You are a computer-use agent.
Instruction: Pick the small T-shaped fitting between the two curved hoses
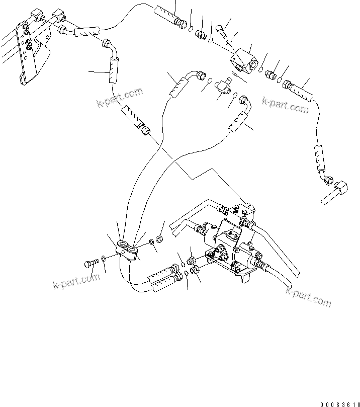pyautogui.click(x=225, y=84)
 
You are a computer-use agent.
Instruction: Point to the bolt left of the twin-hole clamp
pyautogui.click(x=91, y=263)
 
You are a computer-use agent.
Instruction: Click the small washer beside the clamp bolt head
pyautogui.click(x=103, y=259)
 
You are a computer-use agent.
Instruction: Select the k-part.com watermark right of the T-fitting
pyautogui.click(x=285, y=105)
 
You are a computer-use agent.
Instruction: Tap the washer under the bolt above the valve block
pyautogui.click(x=230, y=42)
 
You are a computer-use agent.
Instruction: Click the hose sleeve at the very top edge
pyautogui.click(x=164, y=12)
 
